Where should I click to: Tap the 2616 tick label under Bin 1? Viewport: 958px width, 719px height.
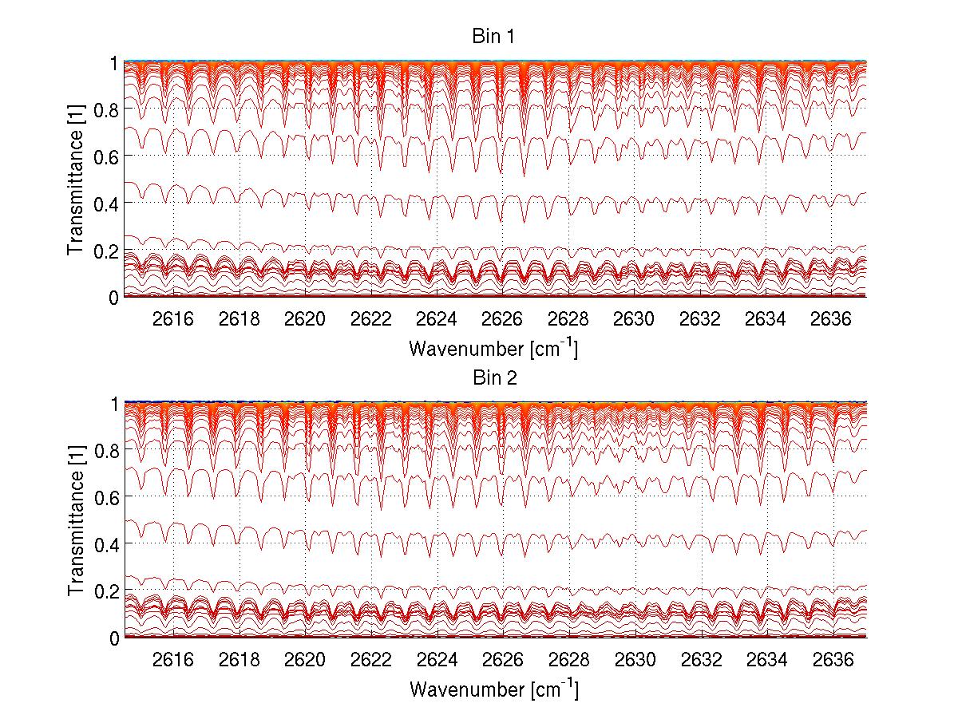[173, 319]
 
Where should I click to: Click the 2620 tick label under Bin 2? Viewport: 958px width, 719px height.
[305, 660]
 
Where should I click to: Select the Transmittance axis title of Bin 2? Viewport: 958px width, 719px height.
[76, 521]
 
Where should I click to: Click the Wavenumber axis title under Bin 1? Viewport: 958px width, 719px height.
[493, 349]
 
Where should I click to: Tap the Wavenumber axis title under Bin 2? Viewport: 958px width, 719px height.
[493, 689]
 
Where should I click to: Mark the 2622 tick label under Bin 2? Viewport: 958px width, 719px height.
[370, 660]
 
